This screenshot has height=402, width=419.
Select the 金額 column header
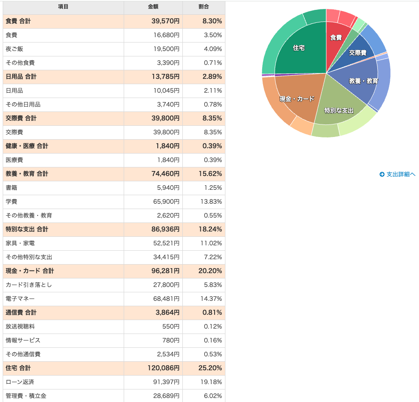tap(153, 7)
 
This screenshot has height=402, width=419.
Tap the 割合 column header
tap(203, 7)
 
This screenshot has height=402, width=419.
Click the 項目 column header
tap(63, 7)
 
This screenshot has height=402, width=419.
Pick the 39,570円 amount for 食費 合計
tap(165, 21)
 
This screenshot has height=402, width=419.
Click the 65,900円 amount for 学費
tap(166, 201)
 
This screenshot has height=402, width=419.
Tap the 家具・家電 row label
tap(20, 243)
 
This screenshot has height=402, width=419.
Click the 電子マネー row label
tap(20, 299)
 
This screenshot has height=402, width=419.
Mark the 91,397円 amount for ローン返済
tap(166, 382)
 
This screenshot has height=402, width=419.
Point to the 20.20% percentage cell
tap(210, 271)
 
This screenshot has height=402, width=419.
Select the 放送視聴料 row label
tap(20, 326)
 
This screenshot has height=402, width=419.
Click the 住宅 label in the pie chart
tap(299, 48)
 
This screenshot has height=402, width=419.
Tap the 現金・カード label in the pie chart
tap(297, 99)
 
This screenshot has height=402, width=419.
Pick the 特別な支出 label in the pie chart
tap(339, 111)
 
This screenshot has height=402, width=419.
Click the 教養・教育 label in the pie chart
tap(363, 81)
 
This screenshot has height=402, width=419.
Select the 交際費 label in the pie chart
tap(358, 53)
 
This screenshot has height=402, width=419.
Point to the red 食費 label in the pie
tap(336, 38)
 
